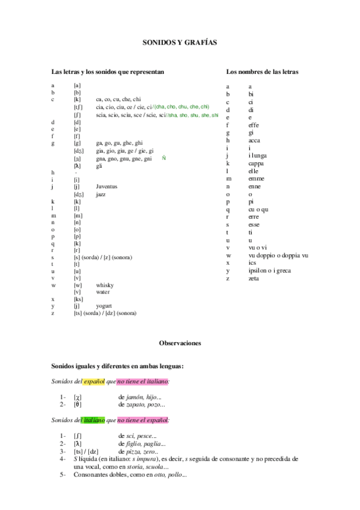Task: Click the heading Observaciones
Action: point(180,343)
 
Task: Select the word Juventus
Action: point(106,186)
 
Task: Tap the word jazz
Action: point(102,194)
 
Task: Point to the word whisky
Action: point(105,284)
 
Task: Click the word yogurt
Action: point(104,306)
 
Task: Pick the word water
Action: point(103,292)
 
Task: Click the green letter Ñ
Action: point(163,158)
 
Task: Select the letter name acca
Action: point(254,140)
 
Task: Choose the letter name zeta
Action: point(254,278)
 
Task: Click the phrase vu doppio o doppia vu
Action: point(278,255)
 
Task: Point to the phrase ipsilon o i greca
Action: point(270,271)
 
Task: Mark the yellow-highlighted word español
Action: point(94,381)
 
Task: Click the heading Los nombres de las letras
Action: point(262,72)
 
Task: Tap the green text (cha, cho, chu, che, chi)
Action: point(182,106)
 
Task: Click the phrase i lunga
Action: point(258,155)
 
